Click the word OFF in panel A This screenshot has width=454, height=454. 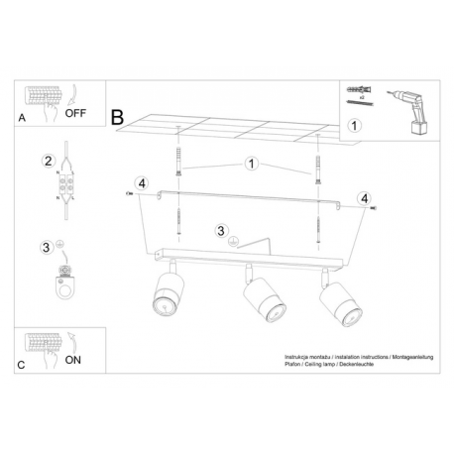point(75,113)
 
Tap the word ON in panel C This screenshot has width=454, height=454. point(73,360)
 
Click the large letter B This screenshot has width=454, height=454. point(117,117)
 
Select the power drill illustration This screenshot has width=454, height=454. point(409,112)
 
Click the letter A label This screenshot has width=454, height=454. point(22,118)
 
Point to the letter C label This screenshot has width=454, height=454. point(21,365)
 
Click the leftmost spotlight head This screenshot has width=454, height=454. point(168,293)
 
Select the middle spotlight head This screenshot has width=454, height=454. point(265,298)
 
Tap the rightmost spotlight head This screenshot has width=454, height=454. point(340,303)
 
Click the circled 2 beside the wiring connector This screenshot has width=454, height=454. point(49,161)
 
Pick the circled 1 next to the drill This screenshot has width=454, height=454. point(354,126)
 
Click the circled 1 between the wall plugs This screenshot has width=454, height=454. point(252,164)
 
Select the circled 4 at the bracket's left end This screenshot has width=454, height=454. point(142,183)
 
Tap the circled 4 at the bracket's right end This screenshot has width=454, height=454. point(365,198)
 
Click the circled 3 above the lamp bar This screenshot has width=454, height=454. point(221,231)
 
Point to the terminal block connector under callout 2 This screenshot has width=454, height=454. point(65,184)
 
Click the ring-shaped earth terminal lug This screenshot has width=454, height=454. point(64,285)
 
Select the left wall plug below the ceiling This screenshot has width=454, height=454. point(178,162)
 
